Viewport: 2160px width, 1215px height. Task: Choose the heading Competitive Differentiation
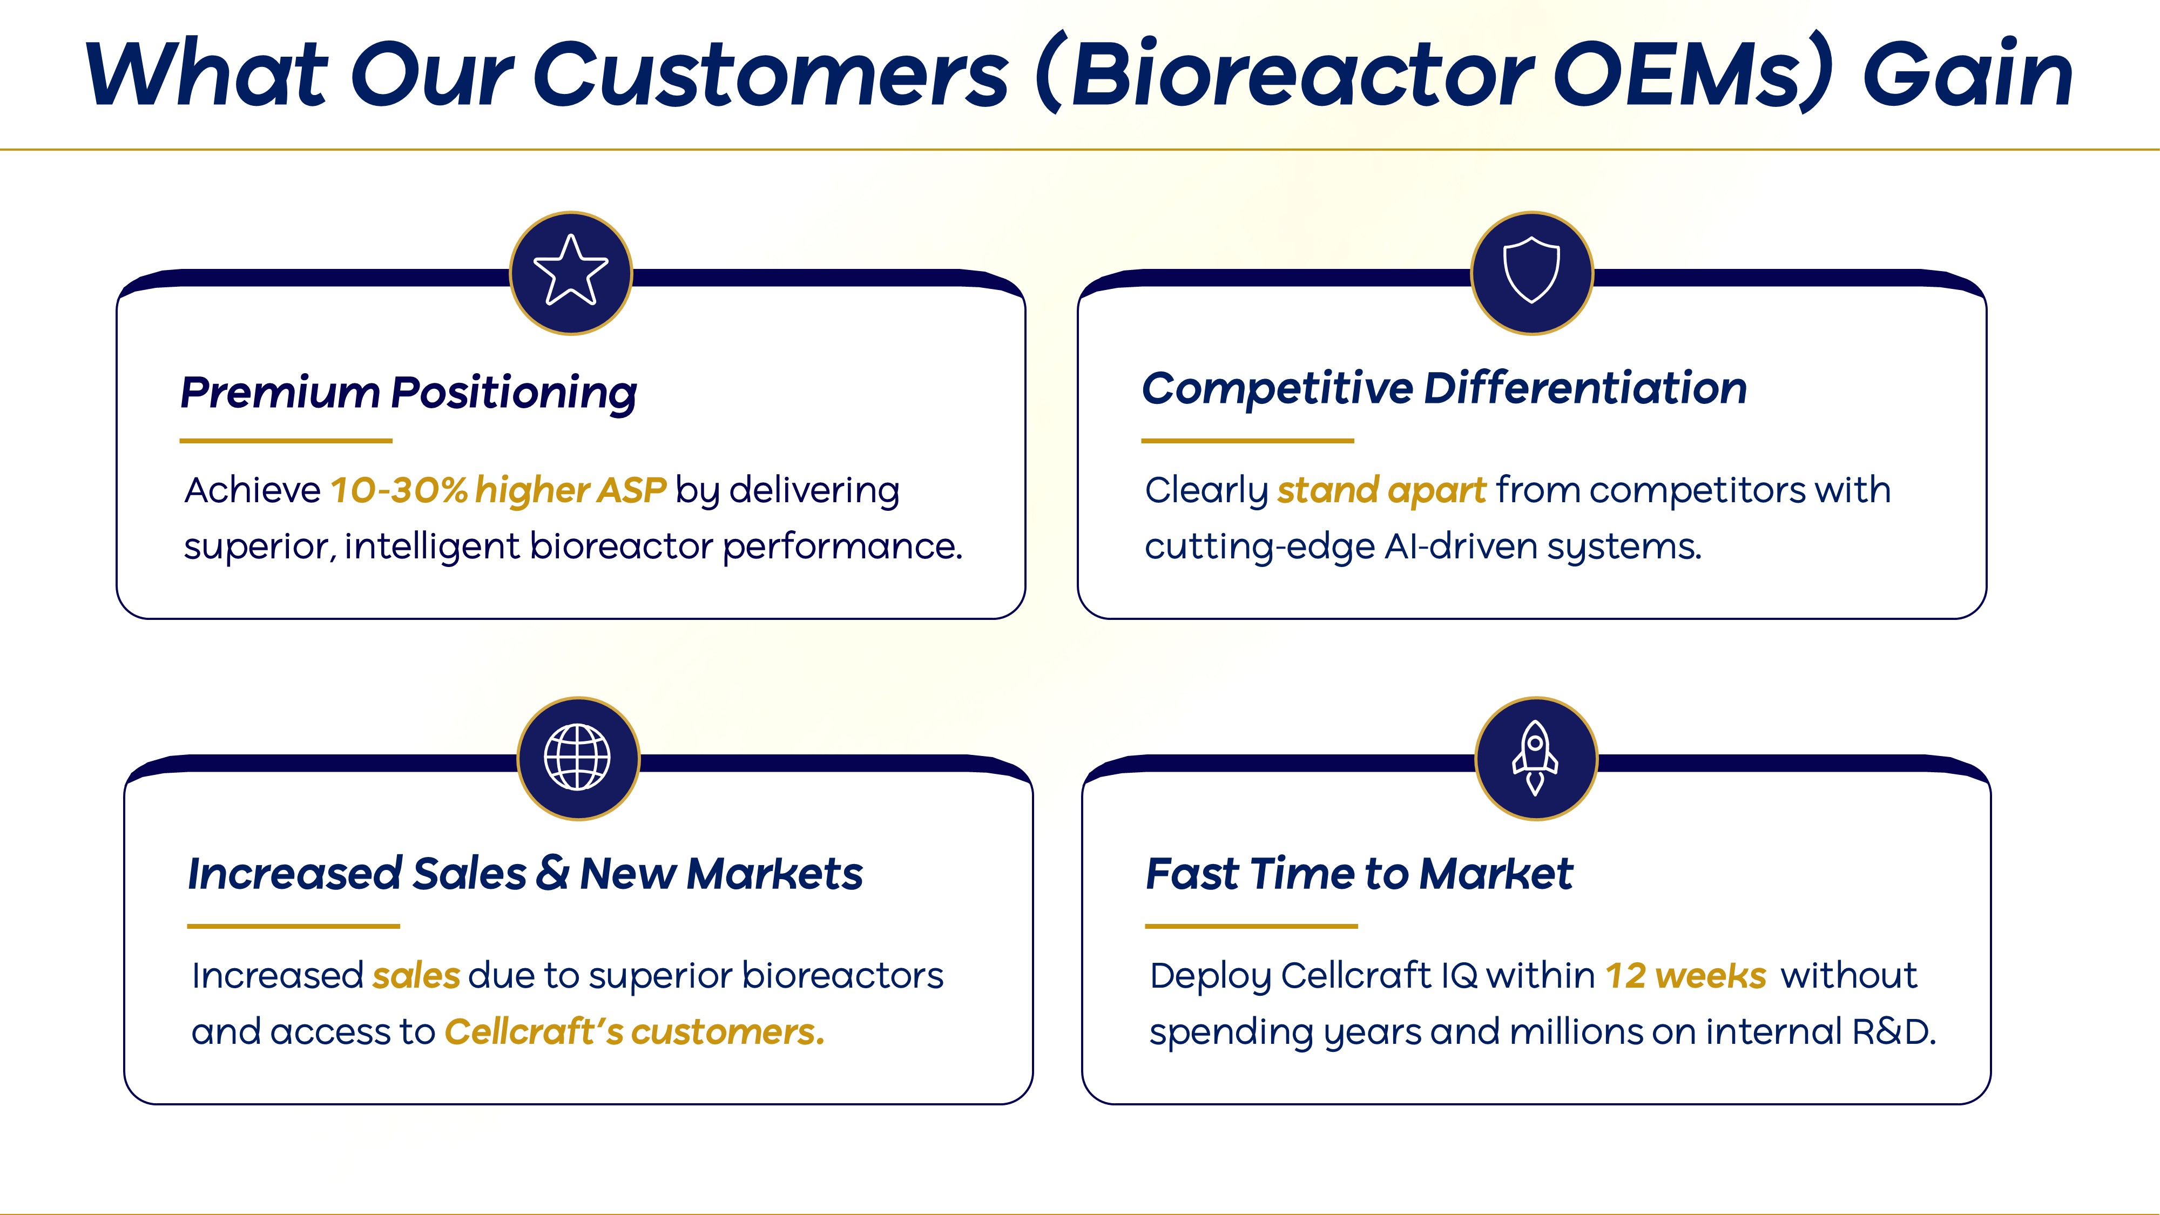(1444, 388)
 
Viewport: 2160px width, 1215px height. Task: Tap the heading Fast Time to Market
(1359, 874)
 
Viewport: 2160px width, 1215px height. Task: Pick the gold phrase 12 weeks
(1685, 976)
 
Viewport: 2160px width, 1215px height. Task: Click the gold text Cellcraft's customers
(634, 1032)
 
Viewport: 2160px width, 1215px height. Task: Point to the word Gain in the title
(1968, 75)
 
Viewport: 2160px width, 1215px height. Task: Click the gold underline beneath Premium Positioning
(286, 440)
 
